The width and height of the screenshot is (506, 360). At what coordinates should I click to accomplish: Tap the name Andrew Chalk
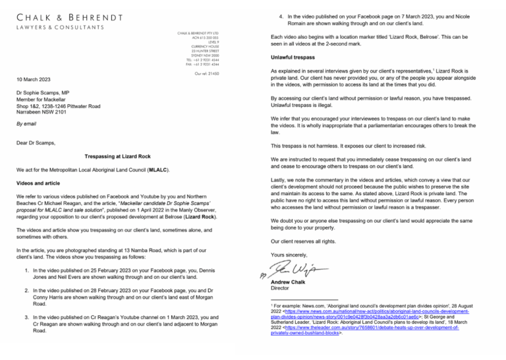(x=290, y=282)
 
